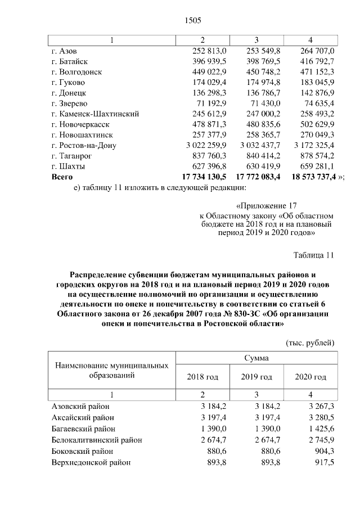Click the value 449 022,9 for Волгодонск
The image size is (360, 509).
[209, 71]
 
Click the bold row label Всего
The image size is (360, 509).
[62, 177]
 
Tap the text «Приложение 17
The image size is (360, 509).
[266, 205]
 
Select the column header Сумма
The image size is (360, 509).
[256, 358]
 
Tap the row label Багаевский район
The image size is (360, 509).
[79, 429]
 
